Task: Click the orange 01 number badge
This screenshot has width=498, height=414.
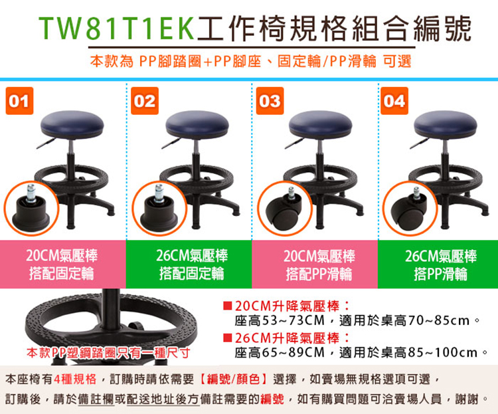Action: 19,101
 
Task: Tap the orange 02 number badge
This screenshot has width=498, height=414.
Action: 145,101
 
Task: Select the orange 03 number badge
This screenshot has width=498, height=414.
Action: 270,101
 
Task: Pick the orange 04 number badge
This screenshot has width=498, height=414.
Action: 394,101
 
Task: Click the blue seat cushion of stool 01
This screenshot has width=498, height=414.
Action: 72,125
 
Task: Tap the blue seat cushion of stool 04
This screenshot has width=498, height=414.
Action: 446,125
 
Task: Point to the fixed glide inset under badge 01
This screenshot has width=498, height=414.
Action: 32,208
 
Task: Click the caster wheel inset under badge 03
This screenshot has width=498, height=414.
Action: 285,208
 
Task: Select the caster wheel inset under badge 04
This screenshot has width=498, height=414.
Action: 410,208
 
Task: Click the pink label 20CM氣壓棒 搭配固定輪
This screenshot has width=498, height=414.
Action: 63,264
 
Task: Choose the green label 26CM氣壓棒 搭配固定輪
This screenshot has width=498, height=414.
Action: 189,264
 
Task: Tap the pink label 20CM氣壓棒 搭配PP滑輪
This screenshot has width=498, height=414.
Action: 315,264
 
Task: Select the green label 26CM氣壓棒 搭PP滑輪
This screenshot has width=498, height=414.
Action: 438,264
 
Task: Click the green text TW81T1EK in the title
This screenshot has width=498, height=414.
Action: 117,29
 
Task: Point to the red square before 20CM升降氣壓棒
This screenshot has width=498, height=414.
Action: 227,306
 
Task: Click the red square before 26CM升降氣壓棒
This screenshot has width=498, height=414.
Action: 227,338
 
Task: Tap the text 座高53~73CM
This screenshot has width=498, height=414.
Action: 280,320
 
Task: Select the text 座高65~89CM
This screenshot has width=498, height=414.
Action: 280,352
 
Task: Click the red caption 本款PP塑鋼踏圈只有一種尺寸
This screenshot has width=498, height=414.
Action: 108,353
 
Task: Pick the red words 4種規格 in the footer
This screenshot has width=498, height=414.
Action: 75,379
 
